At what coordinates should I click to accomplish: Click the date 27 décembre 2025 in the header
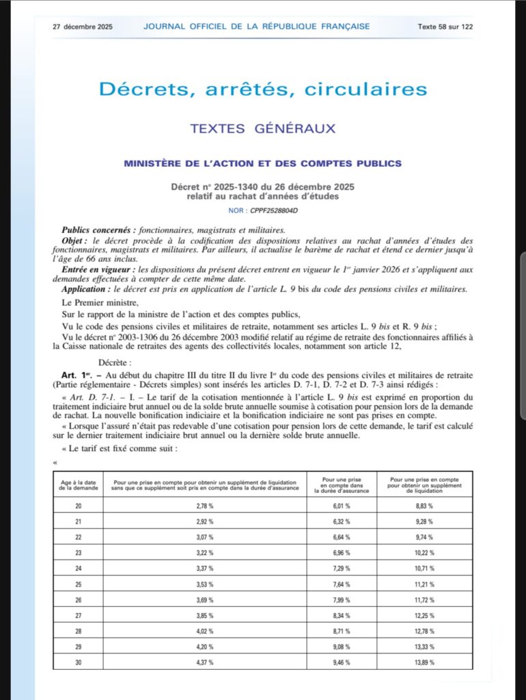click(83, 27)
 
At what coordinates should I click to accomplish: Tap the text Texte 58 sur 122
click(445, 27)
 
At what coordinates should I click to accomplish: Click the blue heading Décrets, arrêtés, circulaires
click(263, 89)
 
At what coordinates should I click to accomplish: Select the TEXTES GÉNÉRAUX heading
click(262, 128)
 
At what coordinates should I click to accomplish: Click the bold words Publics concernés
click(95, 230)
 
